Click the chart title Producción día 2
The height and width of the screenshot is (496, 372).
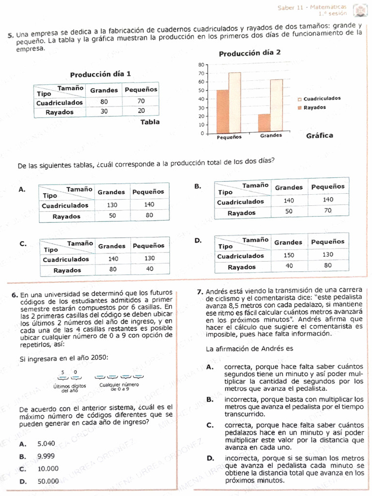pos(249,53)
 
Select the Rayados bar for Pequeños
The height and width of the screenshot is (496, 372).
pos(223,111)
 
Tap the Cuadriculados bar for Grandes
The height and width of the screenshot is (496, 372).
pos(277,106)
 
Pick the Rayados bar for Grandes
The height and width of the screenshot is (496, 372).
pos(264,123)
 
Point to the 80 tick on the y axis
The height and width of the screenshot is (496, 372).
pos(201,65)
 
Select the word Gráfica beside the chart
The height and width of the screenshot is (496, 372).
pos(320,136)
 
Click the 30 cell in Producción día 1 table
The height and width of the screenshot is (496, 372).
pos(104,111)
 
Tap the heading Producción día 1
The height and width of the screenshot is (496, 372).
pos(100,75)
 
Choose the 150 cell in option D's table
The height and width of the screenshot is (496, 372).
pos(289,255)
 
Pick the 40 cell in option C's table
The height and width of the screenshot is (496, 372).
pos(150,269)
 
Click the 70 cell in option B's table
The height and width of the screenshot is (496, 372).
pos(328,211)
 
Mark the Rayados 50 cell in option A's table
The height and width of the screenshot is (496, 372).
pos(112,216)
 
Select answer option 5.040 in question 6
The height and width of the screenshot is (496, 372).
pos(46,443)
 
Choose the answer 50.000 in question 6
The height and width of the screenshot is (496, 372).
pos(48,481)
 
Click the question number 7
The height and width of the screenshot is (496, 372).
pos(200,292)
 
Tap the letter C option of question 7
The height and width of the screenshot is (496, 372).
pos(210,425)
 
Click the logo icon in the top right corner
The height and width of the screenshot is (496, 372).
pos(359,9)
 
